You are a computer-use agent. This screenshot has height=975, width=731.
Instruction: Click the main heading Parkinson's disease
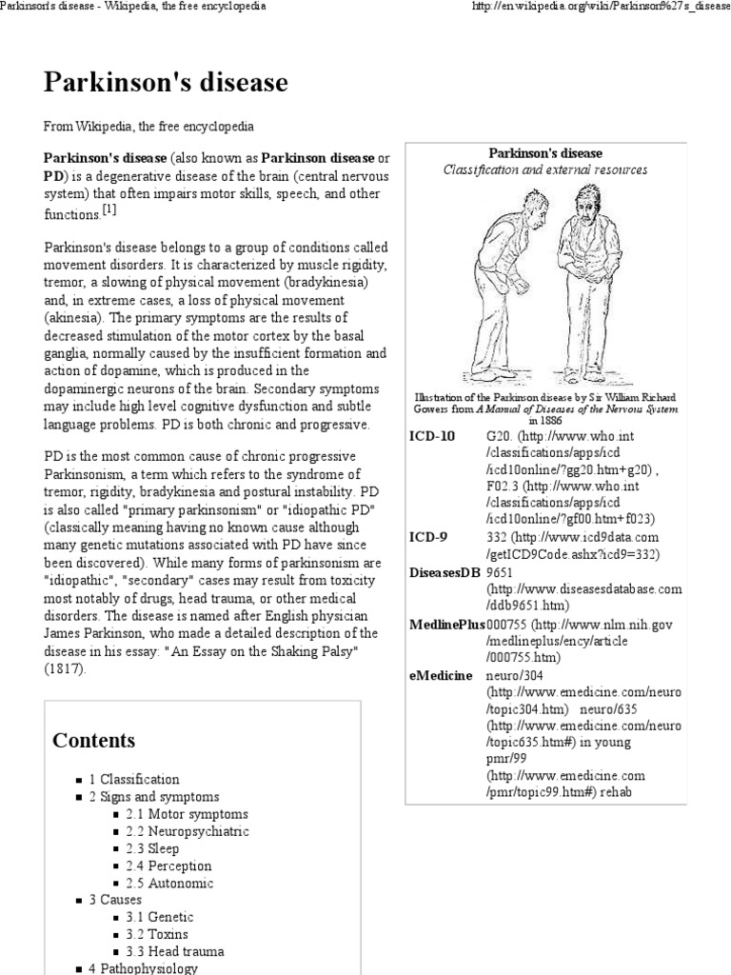pos(165,83)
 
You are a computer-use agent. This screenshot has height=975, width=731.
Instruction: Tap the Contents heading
pos(93,741)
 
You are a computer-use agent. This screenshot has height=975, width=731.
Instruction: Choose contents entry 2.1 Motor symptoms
pos(186,814)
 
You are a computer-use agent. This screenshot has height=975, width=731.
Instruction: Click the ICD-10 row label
pos(433,436)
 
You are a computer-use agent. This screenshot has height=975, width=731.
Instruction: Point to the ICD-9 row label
pos(429,537)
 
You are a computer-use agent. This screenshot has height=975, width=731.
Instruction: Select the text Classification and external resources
pos(545,169)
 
